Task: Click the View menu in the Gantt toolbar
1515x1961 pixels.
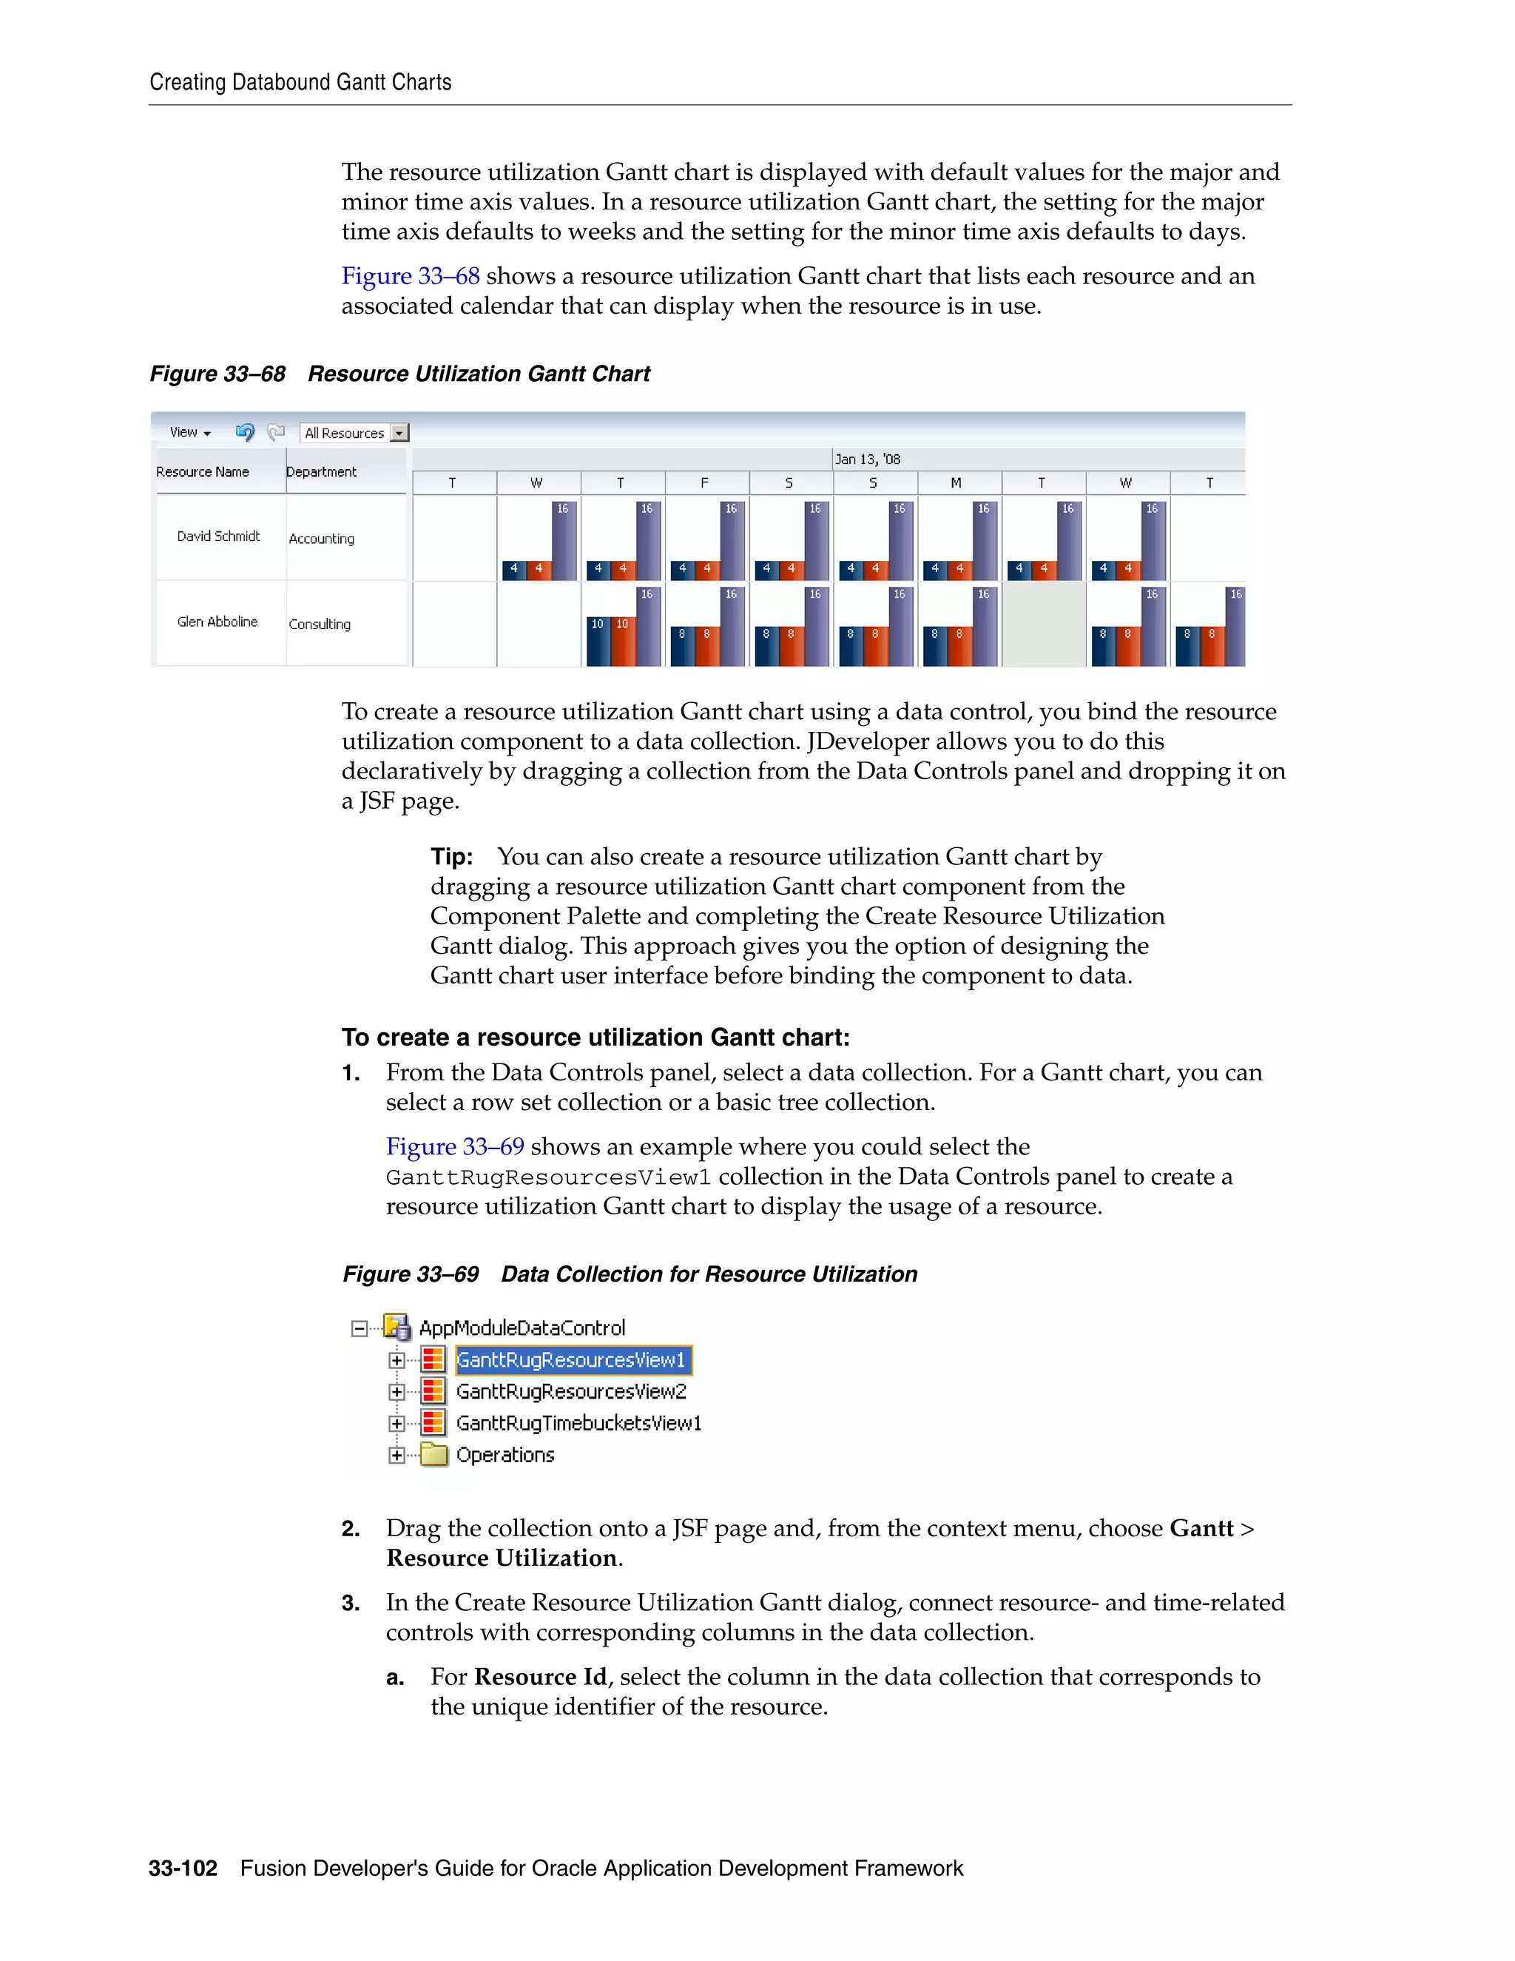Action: [189, 432]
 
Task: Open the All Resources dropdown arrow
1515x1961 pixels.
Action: [399, 433]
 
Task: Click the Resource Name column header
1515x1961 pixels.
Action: [203, 471]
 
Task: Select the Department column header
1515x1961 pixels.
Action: [321, 471]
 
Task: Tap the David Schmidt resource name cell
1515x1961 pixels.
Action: [218, 536]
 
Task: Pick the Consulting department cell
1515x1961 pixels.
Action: [320, 624]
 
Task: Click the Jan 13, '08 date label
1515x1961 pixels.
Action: [867, 459]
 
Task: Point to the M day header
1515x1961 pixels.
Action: [956, 483]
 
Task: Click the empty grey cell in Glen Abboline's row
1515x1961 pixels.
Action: [1043, 624]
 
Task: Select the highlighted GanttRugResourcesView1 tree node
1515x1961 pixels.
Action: [572, 1359]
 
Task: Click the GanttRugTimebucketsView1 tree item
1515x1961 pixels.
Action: [578, 1423]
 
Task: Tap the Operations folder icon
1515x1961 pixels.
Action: [433, 1455]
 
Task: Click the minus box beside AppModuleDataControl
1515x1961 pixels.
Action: [359, 1328]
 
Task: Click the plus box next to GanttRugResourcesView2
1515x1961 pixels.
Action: [397, 1392]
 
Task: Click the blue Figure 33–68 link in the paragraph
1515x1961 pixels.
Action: [410, 276]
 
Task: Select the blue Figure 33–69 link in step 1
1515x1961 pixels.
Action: [455, 1146]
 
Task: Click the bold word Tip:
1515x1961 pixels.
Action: [451, 857]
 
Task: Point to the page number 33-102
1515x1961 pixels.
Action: [183, 1868]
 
